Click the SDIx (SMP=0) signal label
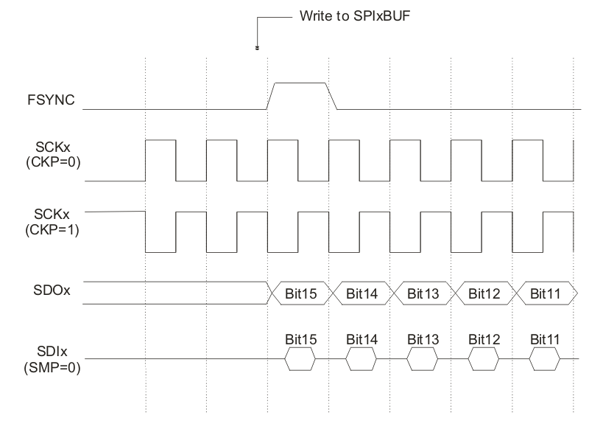click(53, 358)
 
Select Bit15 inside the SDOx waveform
click(300, 293)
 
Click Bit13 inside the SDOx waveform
click(423, 293)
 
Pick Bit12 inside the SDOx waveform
click(484, 293)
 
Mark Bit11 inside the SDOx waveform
click(545, 293)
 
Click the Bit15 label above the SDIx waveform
click(300, 340)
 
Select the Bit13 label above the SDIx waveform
click(423, 340)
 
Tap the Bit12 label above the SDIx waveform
click(484, 340)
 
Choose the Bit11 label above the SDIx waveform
click(545, 340)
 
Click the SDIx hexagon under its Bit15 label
click(300, 359)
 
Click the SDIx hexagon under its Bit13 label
click(423, 359)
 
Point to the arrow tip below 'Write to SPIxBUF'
click(258, 49)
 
